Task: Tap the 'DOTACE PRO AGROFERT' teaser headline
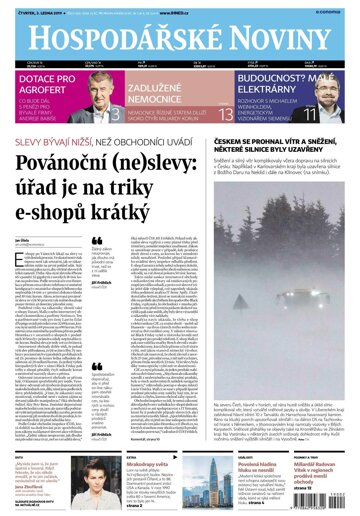(x=45, y=84)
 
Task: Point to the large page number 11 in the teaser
(x=338, y=114)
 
